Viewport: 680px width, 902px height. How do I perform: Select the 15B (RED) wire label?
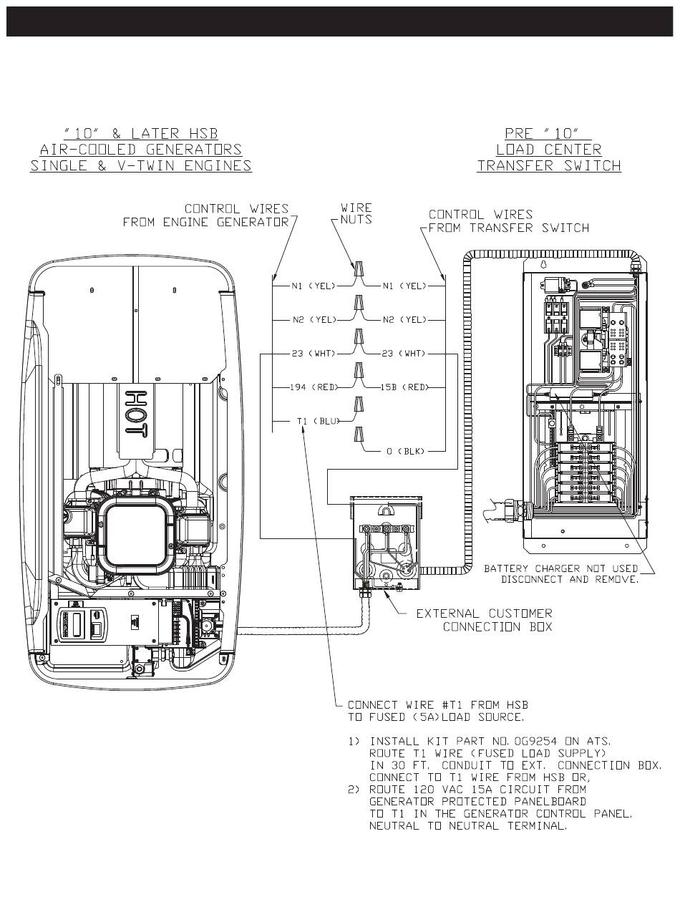[404, 387]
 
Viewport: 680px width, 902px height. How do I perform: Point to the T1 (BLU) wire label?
[319, 421]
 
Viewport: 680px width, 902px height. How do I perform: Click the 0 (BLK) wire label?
[404, 451]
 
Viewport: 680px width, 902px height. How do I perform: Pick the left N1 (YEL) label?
[314, 286]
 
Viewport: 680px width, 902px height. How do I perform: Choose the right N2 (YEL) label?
[404, 320]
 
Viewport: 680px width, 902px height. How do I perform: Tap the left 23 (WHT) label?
[314, 354]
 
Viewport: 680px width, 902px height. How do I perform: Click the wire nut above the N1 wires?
[359, 268]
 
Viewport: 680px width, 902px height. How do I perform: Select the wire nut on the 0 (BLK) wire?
[359, 435]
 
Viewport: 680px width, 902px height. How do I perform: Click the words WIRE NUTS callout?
[356, 213]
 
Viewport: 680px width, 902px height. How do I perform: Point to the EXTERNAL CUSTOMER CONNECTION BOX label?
[484, 620]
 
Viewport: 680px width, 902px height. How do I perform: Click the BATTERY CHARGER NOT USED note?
[561, 574]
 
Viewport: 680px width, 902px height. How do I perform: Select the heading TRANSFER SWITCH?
[549, 165]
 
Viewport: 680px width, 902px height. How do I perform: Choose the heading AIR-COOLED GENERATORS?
[141, 149]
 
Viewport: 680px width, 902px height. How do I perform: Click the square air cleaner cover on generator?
[135, 535]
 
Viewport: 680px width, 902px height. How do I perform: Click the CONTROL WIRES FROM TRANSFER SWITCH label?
[509, 221]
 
